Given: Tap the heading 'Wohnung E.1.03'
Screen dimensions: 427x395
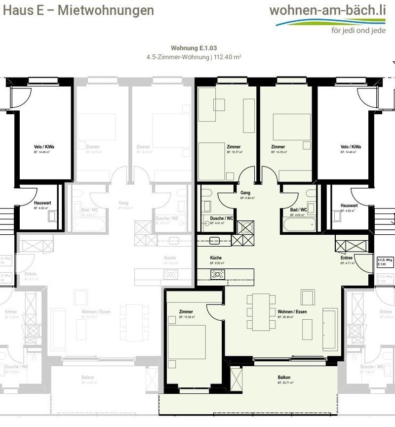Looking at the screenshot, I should (194, 48).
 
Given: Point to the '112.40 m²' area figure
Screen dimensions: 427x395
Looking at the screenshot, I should (227, 57).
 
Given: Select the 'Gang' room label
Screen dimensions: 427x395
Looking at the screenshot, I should (244, 192).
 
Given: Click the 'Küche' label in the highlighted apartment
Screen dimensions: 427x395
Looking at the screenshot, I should (215, 258).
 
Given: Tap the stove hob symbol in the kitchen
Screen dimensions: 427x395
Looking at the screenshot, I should (218, 275).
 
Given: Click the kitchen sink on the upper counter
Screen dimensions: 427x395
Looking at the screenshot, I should (214, 241).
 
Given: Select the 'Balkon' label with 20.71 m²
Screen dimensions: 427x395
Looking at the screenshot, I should (284, 378).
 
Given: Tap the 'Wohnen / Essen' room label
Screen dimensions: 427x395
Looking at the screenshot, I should (292, 312).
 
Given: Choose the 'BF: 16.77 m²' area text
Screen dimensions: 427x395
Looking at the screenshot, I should (235, 153).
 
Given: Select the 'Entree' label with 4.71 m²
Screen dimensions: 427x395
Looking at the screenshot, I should (346, 258).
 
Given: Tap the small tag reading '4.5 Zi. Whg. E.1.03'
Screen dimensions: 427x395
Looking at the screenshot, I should (385, 262).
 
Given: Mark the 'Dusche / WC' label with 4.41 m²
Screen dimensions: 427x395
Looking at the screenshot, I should (222, 218).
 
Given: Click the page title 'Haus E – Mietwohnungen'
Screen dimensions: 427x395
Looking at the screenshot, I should (77, 10).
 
